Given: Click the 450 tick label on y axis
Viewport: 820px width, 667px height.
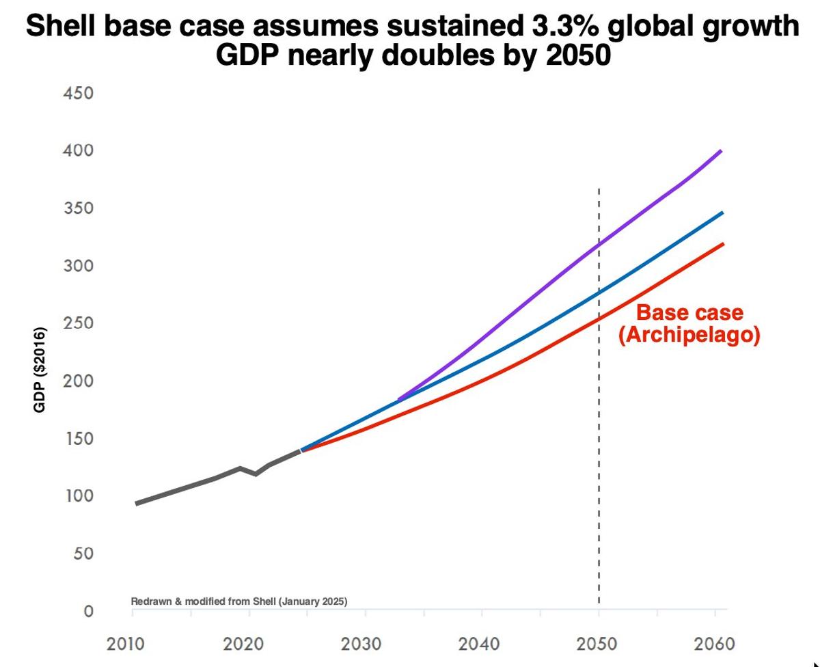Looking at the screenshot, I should click(x=79, y=93).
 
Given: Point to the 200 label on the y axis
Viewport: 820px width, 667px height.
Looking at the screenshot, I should click(x=79, y=381).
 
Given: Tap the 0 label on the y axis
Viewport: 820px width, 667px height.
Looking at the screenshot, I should click(x=88, y=611).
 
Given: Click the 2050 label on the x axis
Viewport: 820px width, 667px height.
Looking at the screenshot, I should click(x=598, y=644).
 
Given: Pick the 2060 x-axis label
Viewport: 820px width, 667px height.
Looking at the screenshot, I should click(x=714, y=644).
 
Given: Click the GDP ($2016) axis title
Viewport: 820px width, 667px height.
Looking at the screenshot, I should click(x=40, y=371).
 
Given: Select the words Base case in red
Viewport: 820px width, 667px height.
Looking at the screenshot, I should click(x=689, y=313).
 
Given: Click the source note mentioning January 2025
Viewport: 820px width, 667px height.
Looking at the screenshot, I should click(x=239, y=602).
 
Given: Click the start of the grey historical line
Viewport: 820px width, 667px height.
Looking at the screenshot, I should click(x=136, y=504).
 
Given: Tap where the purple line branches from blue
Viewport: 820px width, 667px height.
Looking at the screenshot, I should click(x=398, y=399).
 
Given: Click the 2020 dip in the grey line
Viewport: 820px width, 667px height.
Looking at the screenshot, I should click(x=255, y=474).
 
